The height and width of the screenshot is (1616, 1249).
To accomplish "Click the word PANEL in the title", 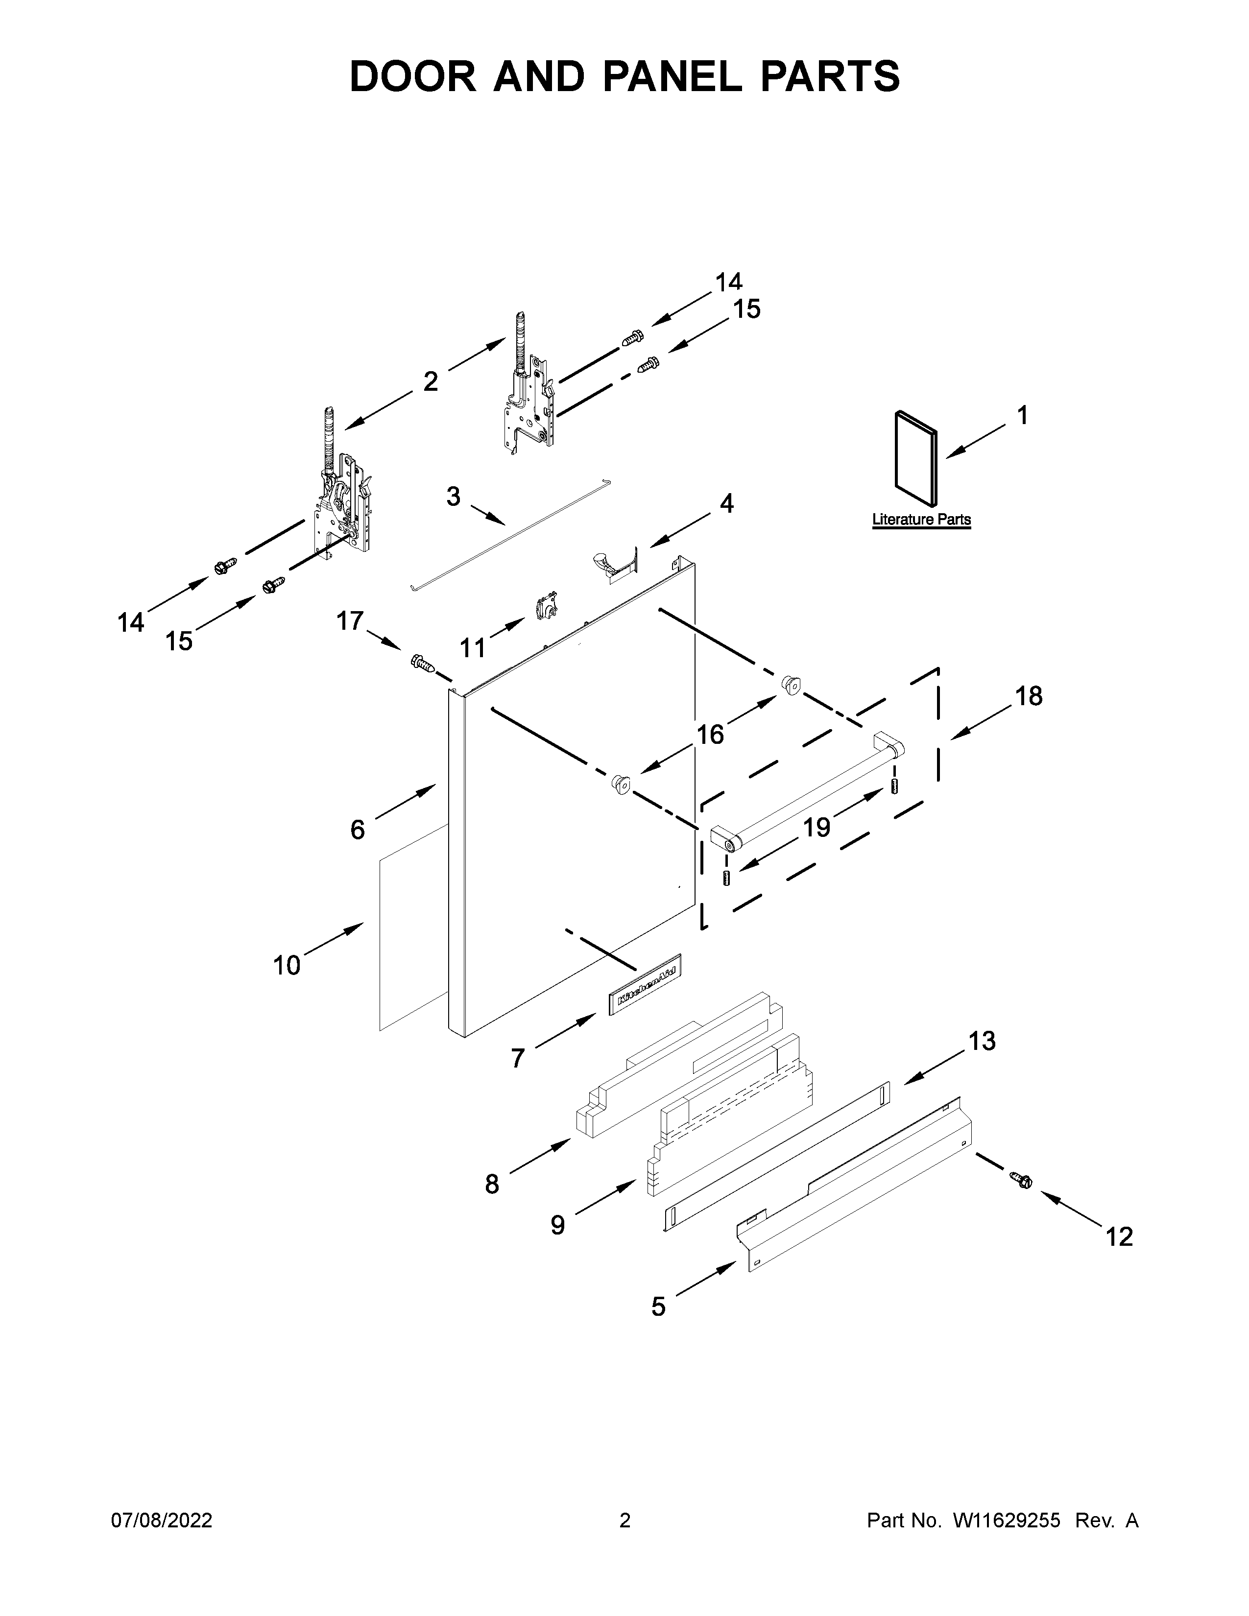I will [673, 77].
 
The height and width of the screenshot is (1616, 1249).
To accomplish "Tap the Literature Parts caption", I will [921, 520].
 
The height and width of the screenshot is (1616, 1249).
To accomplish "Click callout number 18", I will [1029, 696].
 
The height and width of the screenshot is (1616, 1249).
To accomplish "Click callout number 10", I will [287, 966].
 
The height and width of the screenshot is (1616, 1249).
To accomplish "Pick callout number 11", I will [473, 648].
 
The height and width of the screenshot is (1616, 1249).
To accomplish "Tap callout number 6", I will [358, 830].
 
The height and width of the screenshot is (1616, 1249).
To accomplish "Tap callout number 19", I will [817, 827].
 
